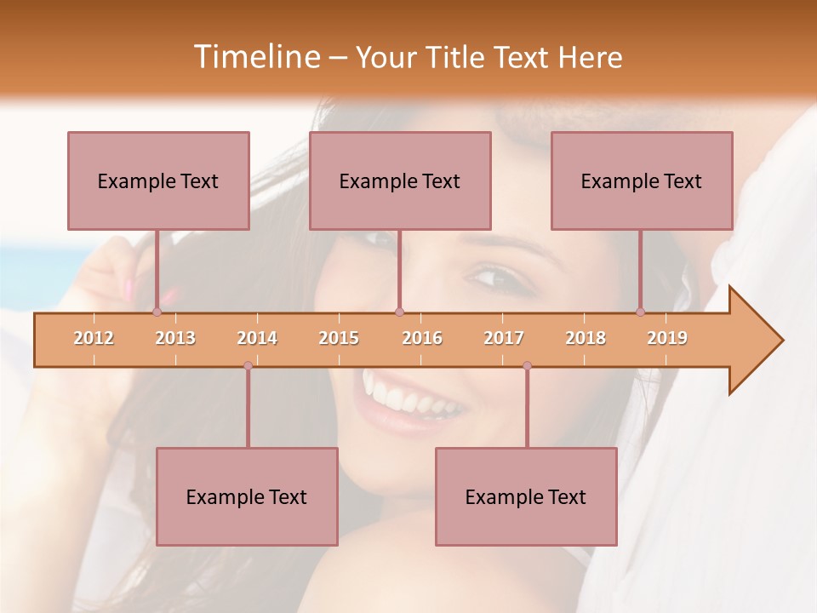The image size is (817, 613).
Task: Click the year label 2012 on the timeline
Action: pos(94,338)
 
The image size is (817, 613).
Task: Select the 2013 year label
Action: pos(175,338)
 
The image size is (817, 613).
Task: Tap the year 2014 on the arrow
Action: pos(257,338)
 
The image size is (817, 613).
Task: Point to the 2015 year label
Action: pos(339,338)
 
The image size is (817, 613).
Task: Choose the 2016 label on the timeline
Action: pos(422,338)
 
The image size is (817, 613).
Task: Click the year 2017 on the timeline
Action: pos(504,338)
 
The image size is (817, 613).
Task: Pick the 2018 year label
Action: pos(586,338)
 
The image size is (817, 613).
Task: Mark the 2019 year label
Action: pos(667,338)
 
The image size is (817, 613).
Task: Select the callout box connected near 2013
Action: pos(158,180)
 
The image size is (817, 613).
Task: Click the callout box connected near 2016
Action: pos(400,180)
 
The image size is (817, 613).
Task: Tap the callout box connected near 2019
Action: pos(642,180)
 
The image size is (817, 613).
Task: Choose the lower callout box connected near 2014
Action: pos(247,496)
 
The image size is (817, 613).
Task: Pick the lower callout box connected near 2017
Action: pos(526,496)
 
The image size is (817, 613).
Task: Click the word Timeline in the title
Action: pos(255,57)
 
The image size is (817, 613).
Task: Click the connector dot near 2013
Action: pos(157,312)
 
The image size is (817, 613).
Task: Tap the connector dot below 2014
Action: pos(248,365)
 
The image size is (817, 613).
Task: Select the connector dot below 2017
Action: pos(527,365)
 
